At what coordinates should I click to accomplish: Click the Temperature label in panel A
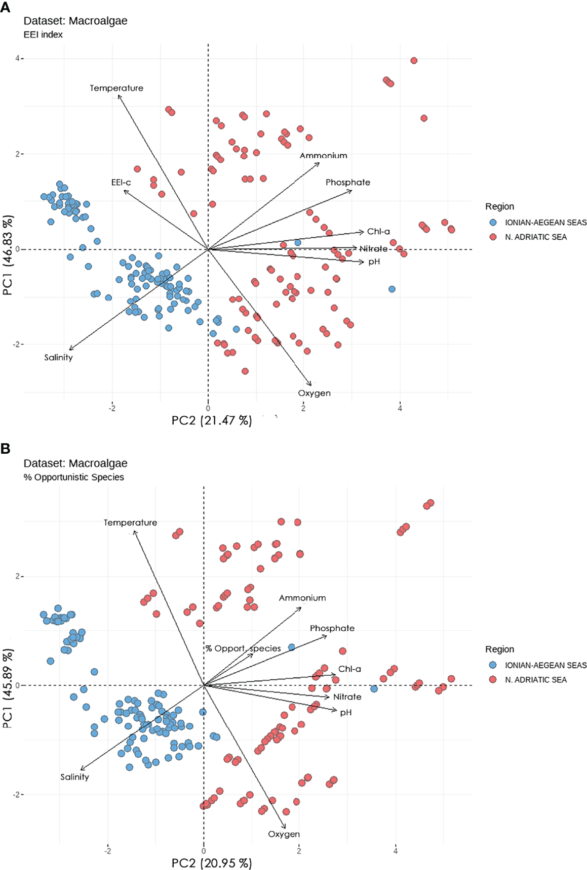point(116,88)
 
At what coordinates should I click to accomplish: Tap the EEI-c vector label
point(121,182)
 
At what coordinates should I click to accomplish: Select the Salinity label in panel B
point(74,777)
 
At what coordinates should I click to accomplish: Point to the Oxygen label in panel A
point(314,393)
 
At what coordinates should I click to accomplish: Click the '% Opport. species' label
point(243,648)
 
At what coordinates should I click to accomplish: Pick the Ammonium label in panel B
point(302,598)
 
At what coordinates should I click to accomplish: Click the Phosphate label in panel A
point(347,182)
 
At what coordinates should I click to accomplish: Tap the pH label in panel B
point(346,712)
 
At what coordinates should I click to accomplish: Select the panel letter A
point(6,8)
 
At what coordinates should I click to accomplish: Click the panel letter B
point(6,449)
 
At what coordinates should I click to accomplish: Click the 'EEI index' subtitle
point(43,34)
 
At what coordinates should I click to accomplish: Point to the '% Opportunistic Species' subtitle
point(74,477)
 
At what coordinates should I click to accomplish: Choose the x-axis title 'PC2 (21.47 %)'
point(212,420)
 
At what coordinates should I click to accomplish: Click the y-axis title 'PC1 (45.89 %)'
point(7,690)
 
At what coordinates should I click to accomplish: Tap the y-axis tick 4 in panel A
point(17,58)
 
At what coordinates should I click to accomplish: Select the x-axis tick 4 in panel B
point(396,851)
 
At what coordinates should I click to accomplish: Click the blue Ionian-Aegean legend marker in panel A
point(493,222)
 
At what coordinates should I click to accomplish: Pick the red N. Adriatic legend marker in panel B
point(493,679)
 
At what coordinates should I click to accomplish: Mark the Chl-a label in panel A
point(378,231)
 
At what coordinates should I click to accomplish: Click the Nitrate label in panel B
point(347,697)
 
